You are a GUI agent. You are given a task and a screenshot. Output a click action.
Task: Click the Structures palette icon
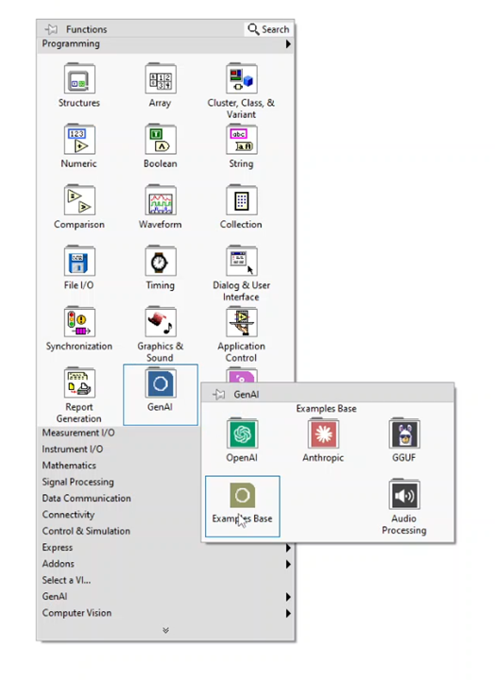point(79,79)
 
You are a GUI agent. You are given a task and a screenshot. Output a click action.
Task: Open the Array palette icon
point(161,79)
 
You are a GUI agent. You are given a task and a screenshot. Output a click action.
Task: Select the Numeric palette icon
point(79,140)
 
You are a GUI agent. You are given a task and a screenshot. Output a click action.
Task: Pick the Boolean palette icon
point(161,140)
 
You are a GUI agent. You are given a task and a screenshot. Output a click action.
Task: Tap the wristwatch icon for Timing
point(161,261)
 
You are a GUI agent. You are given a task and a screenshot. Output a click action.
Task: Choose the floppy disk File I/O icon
point(79,261)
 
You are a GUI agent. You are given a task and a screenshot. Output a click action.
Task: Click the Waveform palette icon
point(161,200)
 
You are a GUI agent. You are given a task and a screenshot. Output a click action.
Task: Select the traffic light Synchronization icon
point(79,322)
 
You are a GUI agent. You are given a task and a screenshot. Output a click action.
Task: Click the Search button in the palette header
point(268,29)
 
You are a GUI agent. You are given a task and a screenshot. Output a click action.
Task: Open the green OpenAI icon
point(242,433)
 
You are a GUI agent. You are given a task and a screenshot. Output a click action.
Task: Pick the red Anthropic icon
point(323,433)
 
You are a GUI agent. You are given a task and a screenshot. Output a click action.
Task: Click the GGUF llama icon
point(404,433)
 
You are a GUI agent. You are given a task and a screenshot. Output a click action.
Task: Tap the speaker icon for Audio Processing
point(404,494)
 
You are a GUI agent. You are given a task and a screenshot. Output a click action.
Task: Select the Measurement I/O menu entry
point(78,433)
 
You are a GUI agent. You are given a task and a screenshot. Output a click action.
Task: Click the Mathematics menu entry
point(69,466)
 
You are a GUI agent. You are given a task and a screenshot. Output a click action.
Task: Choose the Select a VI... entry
point(66,580)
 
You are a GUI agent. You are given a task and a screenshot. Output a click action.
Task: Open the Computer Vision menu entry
point(77,613)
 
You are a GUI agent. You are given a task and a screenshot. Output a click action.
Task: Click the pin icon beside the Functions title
point(51,29)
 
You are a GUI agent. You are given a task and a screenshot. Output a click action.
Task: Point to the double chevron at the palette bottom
point(165,630)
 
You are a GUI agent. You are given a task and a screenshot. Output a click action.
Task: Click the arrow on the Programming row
point(288,44)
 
